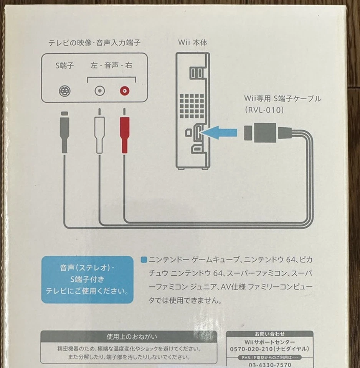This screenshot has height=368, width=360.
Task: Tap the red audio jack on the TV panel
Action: click(x=124, y=91)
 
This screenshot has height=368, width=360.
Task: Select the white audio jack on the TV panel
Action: click(x=100, y=91)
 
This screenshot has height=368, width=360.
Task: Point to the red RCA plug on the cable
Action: click(x=124, y=134)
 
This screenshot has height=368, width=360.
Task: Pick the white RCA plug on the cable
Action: click(x=99, y=134)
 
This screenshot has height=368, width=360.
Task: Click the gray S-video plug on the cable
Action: click(x=64, y=134)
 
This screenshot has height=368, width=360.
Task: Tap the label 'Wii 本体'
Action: click(x=193, y=43)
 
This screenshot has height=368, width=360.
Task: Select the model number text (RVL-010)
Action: click(x=264, y=110)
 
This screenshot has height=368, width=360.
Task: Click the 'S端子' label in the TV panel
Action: click(x=64, y=66)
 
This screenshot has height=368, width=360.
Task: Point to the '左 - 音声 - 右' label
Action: click(x=111, y=66)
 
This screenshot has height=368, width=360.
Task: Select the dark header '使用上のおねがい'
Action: click(x=129, y=337)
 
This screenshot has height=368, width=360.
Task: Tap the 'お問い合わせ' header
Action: click(x=269, y=334)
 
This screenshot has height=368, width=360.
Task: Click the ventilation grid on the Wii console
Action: click(x=191, y=105)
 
